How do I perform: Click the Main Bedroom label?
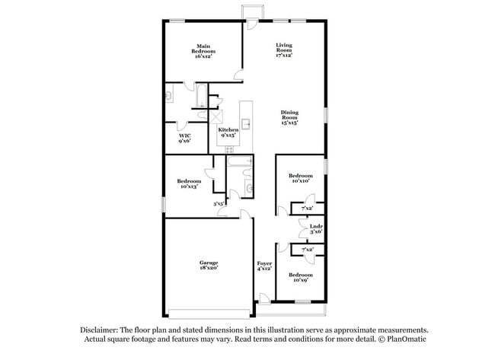click(x=203, y=50)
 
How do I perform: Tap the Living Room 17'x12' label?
click(x=284, y=50)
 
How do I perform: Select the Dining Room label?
click(x=289, y=117)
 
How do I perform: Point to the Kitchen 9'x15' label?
click(x=228, y=132)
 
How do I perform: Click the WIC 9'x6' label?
click(x=184, y=137)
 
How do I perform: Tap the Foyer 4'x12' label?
click(x=264, y=266)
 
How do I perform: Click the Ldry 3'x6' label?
click(x=315, y=228)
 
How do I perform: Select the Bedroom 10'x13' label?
click(x=189, y=183)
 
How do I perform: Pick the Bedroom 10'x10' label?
click(x=300, y=177)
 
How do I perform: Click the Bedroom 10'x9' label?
click(x=300, y=277)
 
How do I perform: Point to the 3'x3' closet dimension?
click(x=219, y=203)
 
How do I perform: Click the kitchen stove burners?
click(x=228, y=149)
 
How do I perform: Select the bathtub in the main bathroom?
click(x=200, y=96)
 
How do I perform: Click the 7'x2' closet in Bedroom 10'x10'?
click(x=308, y=208)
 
